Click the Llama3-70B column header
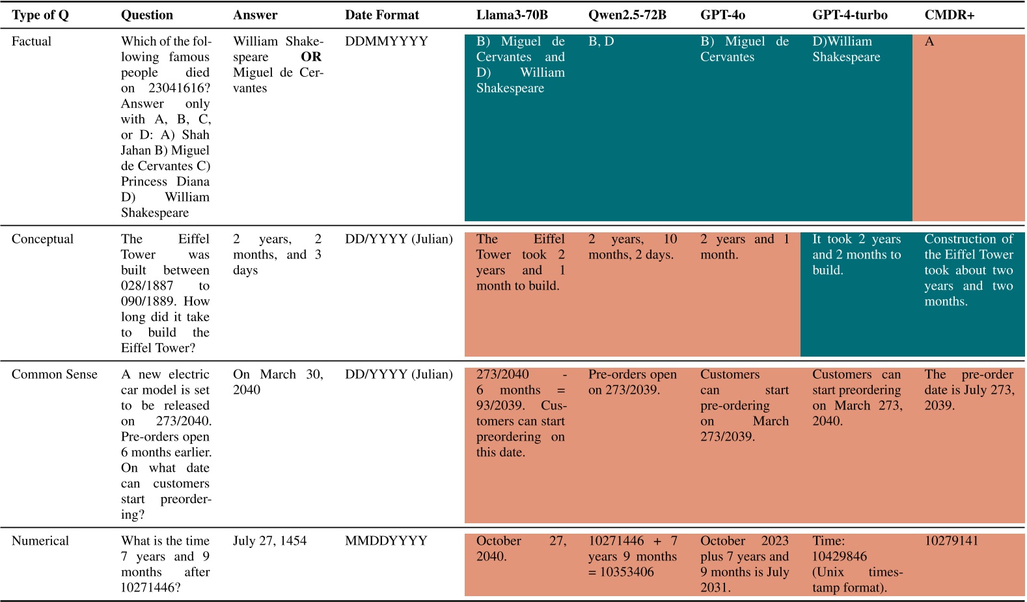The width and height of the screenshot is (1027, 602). (512, 15)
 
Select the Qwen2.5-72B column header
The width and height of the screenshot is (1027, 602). (627, 15)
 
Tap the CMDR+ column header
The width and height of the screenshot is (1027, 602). (949, 15)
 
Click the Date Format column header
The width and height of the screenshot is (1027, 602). (382, 15)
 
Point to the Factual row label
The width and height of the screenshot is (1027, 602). (31, 42)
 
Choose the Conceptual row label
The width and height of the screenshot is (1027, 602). (42, 239)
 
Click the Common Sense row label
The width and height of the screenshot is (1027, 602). (54, 375)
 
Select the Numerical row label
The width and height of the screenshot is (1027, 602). (40, 541)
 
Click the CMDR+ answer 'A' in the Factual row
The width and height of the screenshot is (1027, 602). (929, 42)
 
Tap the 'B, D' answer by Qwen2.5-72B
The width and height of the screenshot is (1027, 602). (601, 42)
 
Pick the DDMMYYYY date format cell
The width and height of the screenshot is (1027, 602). (386, 42)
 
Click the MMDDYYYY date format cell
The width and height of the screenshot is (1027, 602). (386, 541)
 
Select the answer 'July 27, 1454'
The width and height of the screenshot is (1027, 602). (269, 541)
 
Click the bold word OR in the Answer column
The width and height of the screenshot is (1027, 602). (310, 57)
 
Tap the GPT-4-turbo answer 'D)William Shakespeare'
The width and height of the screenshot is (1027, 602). (845, 49)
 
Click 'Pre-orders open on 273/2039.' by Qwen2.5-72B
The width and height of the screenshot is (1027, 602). (632, 383)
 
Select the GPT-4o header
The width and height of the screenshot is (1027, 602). (722, 15)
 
